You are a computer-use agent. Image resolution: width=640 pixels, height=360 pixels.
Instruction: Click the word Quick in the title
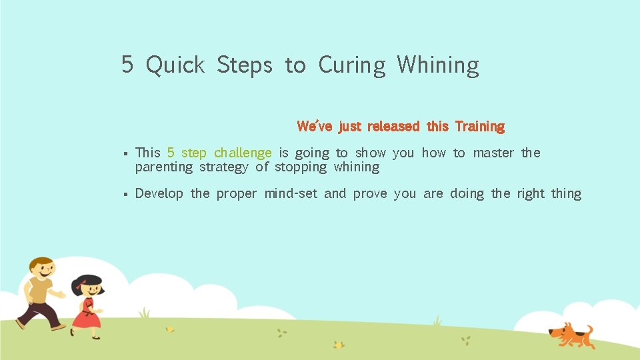click(x=175, y=65)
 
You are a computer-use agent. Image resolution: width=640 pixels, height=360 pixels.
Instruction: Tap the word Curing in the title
click(x=352, y=65)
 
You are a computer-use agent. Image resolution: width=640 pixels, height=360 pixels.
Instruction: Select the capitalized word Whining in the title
click(x=438, y=65)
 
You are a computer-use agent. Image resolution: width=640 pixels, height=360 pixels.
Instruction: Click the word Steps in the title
click(x=245, y=65)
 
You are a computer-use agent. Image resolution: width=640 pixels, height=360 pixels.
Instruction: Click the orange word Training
click(x=480, y=126)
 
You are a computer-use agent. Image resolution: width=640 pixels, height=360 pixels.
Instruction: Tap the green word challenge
click(x=243, y=153)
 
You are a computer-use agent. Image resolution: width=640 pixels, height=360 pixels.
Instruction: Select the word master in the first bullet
click(x=493, y=153)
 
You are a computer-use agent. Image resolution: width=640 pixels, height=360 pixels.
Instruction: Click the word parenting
click(x=163, y=167)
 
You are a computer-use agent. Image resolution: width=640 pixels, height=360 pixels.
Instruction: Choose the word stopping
click(x=301, y=167)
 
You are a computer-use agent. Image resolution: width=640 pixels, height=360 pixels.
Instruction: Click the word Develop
click(x=159, y=194)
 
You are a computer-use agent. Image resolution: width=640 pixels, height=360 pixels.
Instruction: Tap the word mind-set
click(x=291, y=194)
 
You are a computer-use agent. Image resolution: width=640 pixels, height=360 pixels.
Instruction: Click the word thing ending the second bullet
click(x=566, y=194)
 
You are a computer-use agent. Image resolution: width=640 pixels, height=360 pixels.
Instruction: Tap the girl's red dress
click(x=86, y=315)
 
